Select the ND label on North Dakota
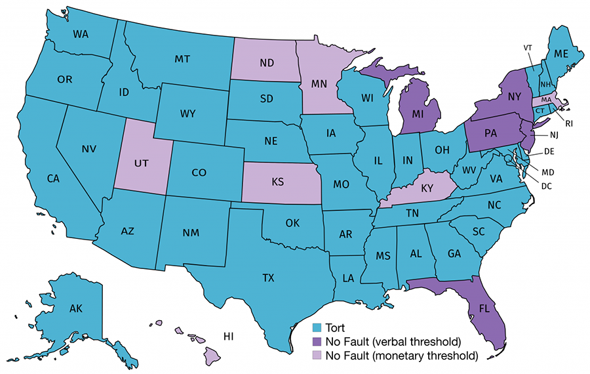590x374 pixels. click(265, 64)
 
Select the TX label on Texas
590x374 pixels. click(268, 278)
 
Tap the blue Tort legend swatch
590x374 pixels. click(317, 327)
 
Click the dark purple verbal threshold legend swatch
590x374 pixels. click(317, 341)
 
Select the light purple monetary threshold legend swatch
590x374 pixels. click(317, 356)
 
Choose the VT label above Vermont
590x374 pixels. click(528, 47)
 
